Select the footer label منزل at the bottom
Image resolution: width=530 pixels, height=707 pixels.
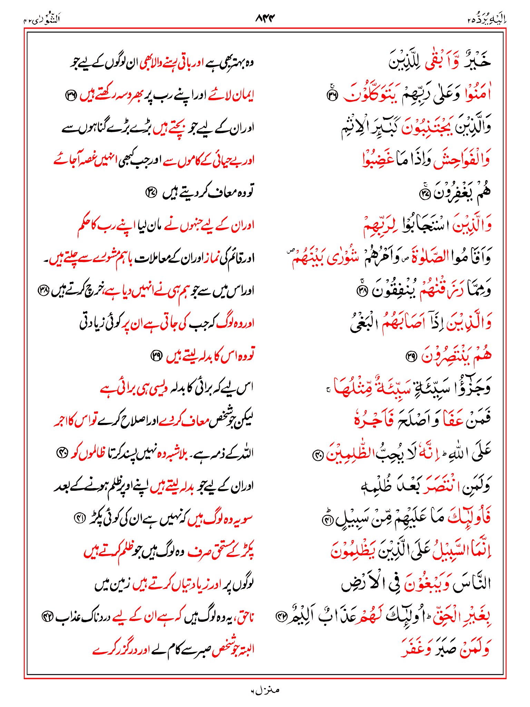point(265,690)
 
